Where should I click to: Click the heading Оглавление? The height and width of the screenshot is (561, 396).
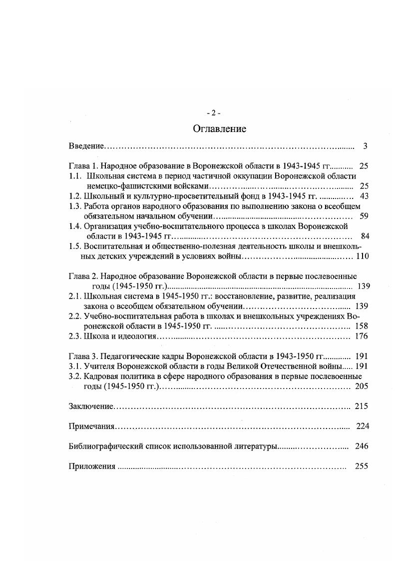tap(219, 129)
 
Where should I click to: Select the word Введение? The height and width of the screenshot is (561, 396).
tap(86, 146)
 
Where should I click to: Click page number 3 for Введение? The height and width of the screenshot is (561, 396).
tap(365, 146)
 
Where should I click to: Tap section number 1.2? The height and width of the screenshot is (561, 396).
tap(74, 196)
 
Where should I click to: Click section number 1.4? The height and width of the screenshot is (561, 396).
tap(74, 226)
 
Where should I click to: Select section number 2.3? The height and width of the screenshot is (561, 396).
tap(74, 336)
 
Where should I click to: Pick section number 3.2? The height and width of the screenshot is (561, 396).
tap(74, 376)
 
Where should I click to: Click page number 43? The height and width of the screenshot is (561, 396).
tap(364, 196)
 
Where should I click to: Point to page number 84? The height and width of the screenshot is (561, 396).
tap(364, 236)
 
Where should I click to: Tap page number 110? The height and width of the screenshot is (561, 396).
tap(362, 256)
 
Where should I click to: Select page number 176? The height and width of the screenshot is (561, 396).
tap(361, 336)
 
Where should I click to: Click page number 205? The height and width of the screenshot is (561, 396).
tap(361, 386)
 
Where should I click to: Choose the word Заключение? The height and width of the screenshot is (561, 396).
tap(91, 406)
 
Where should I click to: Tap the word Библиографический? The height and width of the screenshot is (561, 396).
tap(103, 446)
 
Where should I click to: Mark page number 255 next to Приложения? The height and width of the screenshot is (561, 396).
tap(361, 466)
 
